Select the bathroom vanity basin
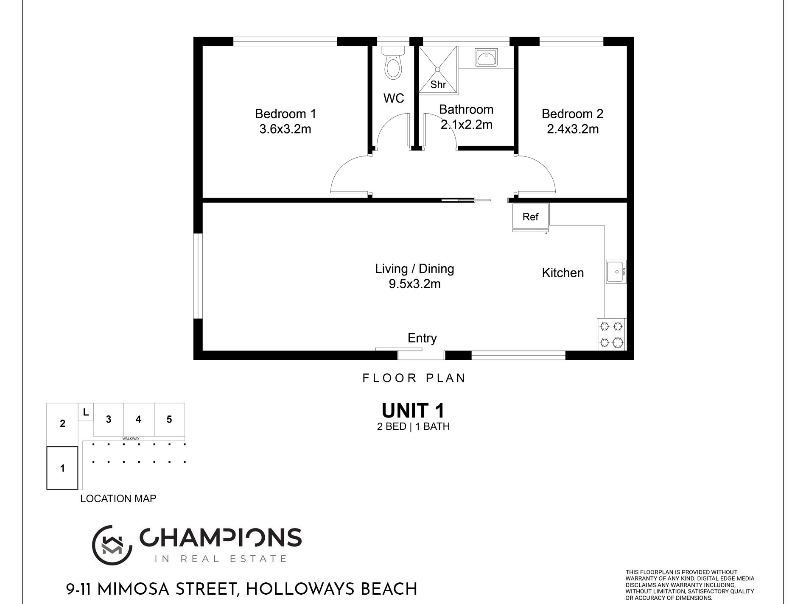tap(486, 58)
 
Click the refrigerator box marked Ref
tap(531, 217)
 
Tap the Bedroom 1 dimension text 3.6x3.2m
tap(285, 129)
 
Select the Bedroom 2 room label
tap(572, 114)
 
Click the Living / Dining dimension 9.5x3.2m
tap(414, 284)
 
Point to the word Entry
tap(422, 338)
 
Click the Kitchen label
tap(563, 273)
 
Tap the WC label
tap(394, 98)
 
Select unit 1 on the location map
tap(62, 468)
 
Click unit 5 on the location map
tap(169, 419)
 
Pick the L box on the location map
tap(86, 412)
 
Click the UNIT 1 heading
tap(413, 411)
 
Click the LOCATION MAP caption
tap(118, 498)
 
